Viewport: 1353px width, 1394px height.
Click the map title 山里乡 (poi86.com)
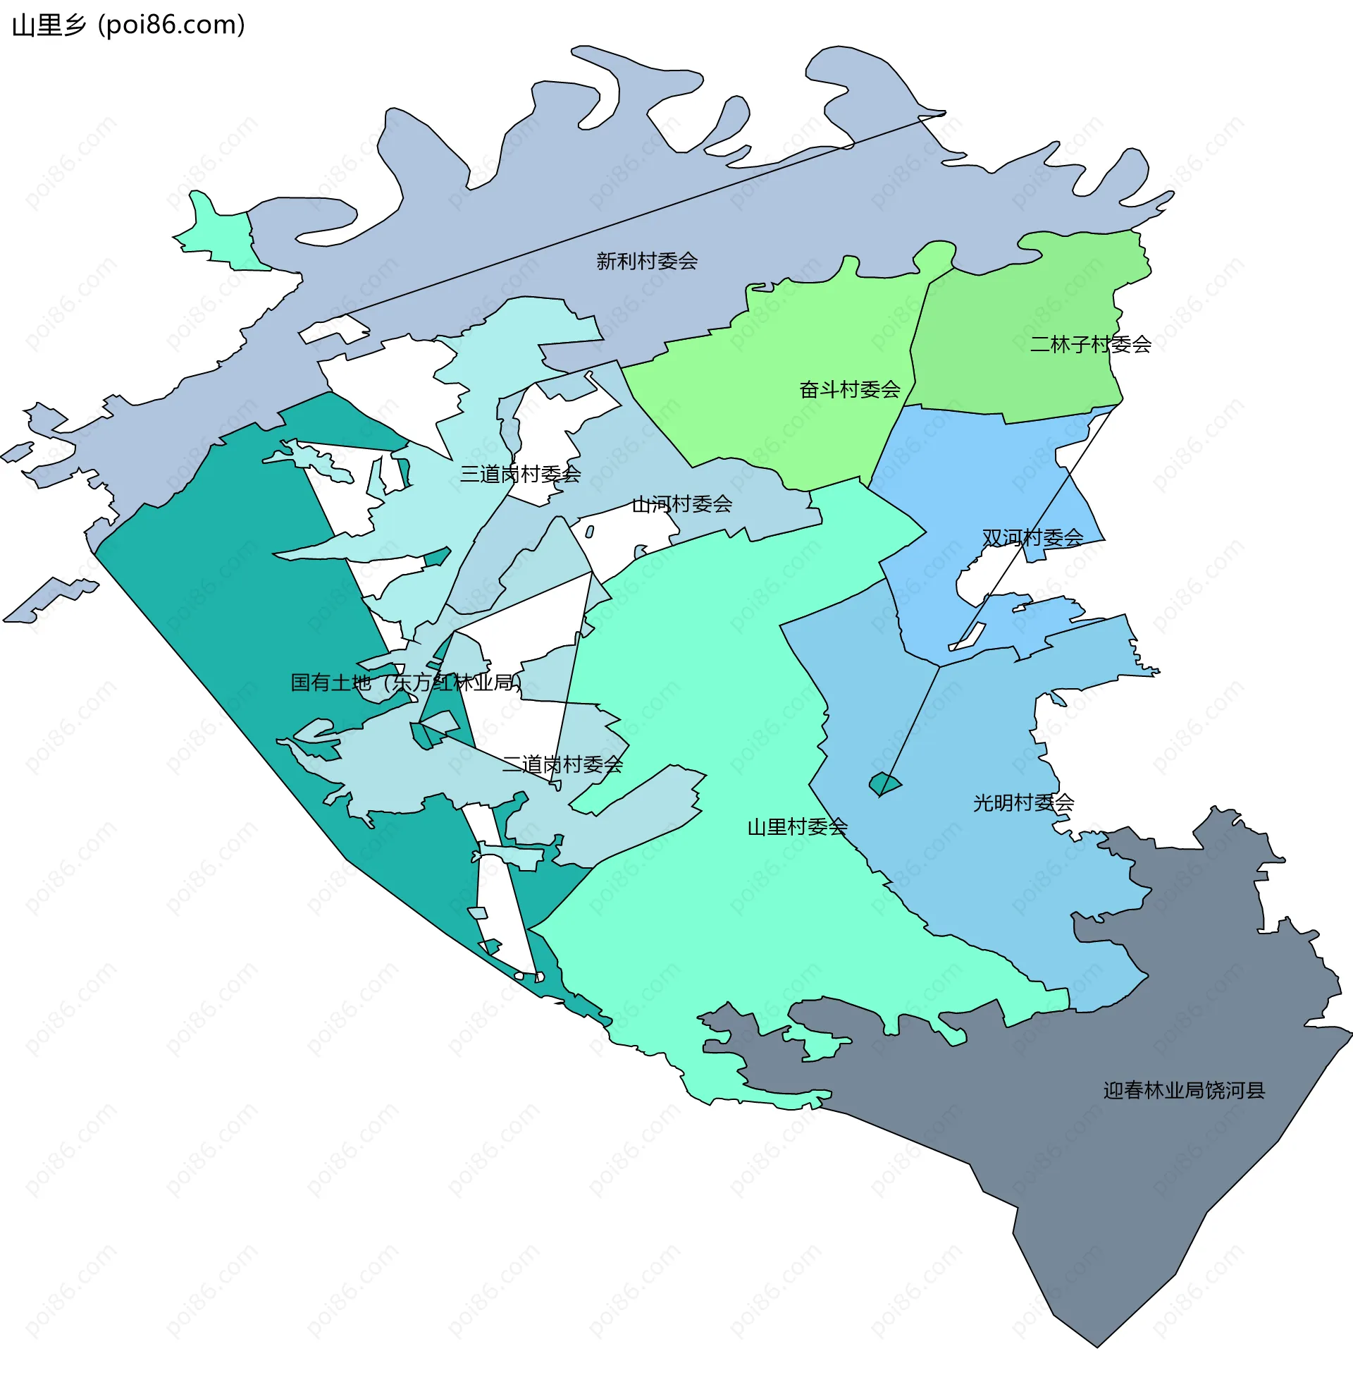click(128, 25)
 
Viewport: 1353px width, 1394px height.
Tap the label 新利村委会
click(646, 261)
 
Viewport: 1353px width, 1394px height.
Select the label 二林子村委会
click(1090, 344)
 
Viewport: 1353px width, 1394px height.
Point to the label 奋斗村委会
click(849, 389)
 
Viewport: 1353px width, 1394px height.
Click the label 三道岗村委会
click(520, 474)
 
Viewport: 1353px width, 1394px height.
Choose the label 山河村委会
click(681, 504)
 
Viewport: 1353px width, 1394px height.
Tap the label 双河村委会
click(1032, 538)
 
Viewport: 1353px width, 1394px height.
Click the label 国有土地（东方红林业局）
click(406, 683)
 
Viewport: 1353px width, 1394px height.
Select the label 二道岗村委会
click(562, 764)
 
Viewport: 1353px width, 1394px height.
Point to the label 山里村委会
click(796, 826)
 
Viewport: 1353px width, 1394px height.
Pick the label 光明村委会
click(1023, 802)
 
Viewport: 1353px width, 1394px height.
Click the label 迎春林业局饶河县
click(1183, 1090)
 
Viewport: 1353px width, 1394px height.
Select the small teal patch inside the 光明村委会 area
click(884, 784)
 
